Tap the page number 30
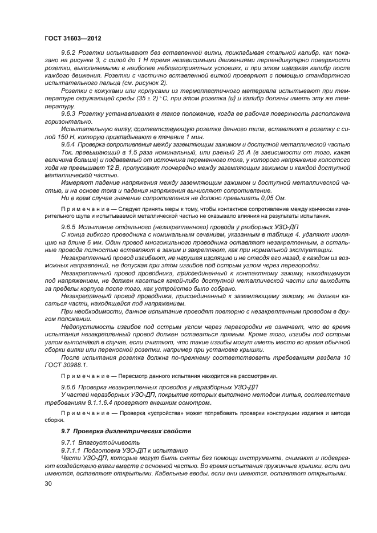point(48,483)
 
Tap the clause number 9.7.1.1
point(72,450)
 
